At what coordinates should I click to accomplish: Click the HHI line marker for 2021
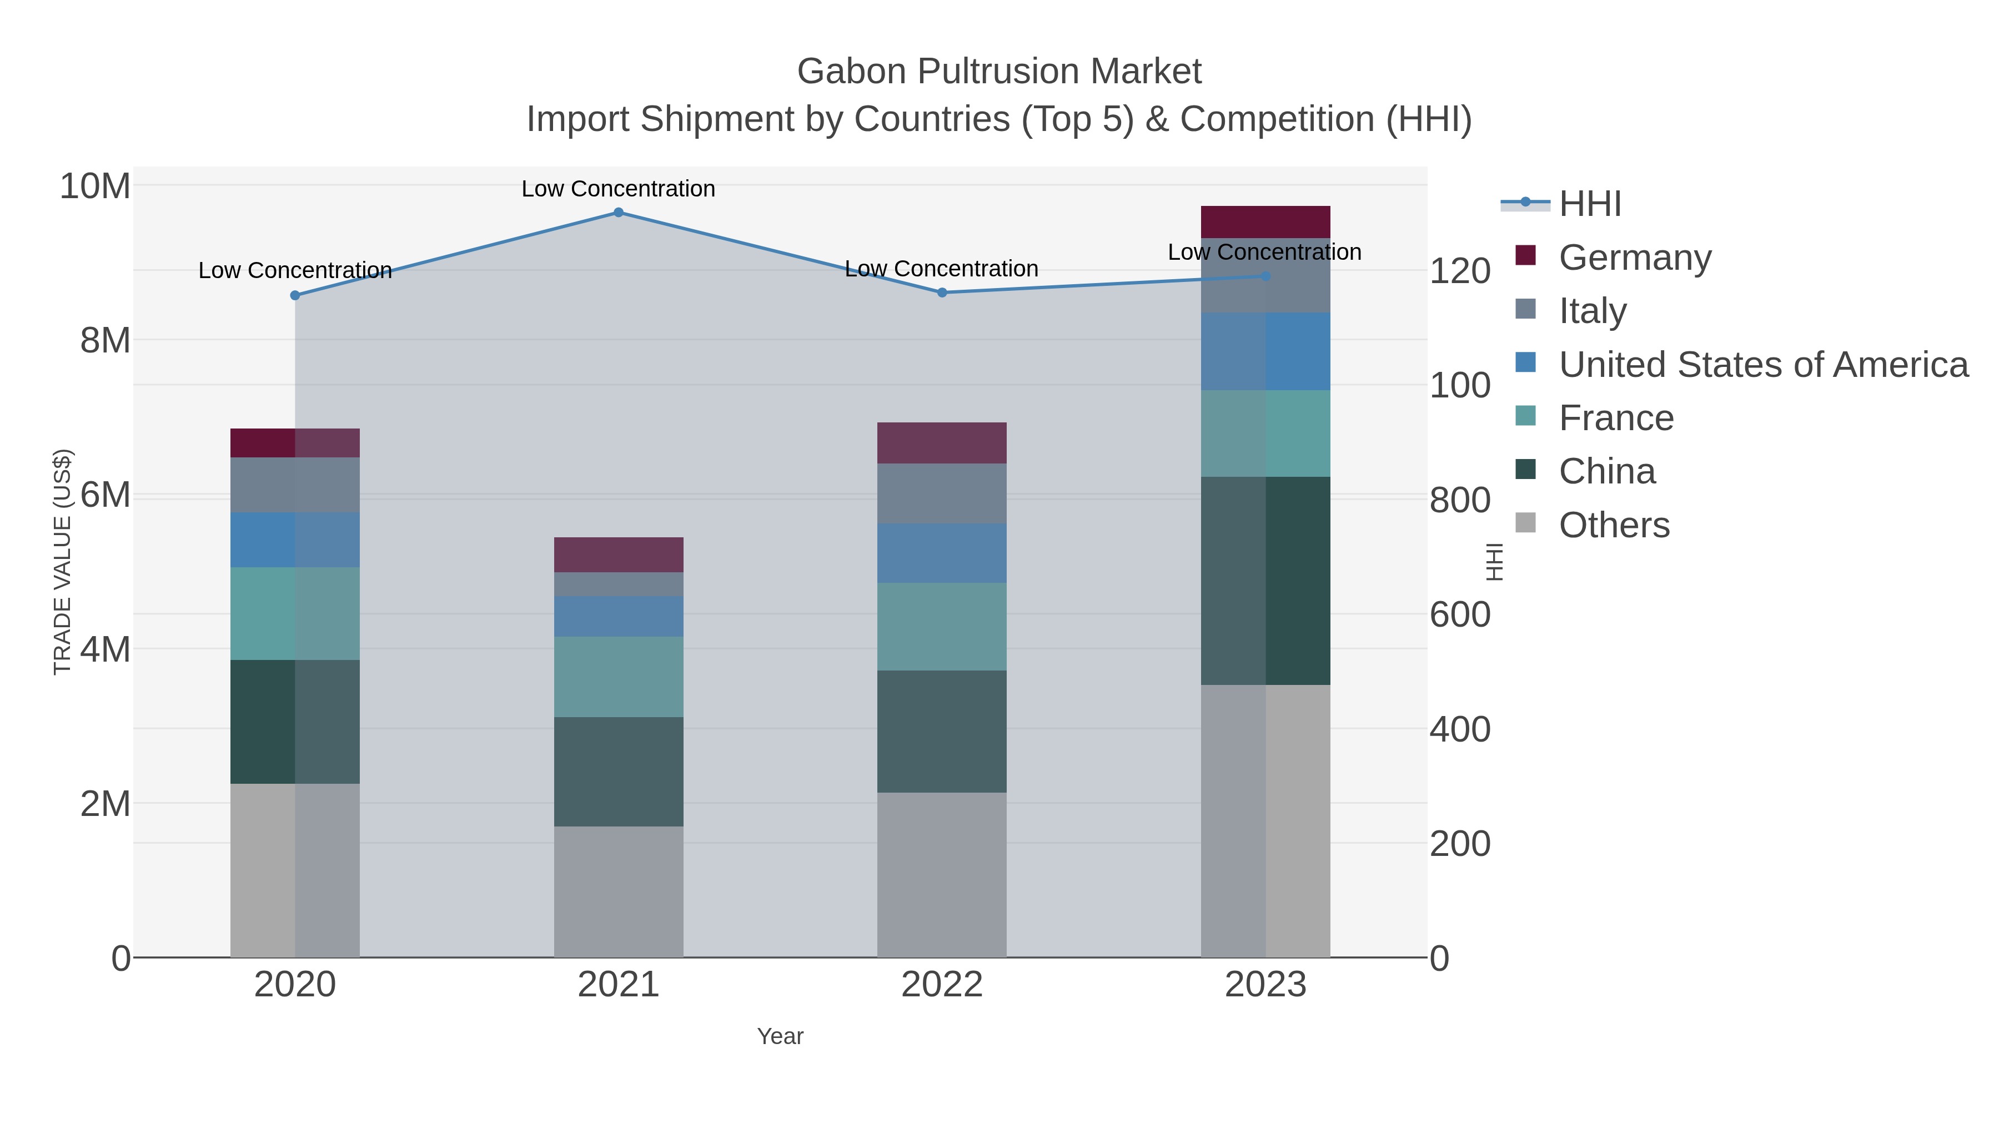point(619,213)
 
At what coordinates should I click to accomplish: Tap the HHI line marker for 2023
point(1265,276)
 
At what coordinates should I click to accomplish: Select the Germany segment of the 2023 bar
point(1265,222)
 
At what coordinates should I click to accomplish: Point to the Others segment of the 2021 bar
point(619,891)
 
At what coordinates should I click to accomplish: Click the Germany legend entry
point(1634,258)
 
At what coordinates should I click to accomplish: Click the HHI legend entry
point(1589,204)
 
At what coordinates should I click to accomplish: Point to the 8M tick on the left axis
point(106,340)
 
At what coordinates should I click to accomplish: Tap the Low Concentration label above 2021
point(619,189)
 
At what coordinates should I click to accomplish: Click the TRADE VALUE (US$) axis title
point(62,562)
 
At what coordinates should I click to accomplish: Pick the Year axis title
point(780,1036)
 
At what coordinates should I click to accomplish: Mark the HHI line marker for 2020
point(295,295)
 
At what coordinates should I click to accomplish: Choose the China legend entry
point(1606,472)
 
